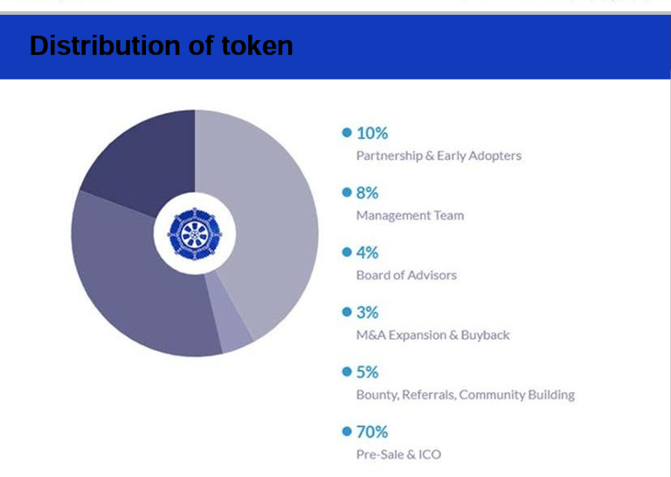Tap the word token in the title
tap(257, 45)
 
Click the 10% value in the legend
tap(372, 133)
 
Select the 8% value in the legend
tap(367, 193)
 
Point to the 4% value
tap(367, 252)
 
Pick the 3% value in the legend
tap(367, 312)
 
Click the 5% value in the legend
tap(367, 372)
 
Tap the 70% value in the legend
tap(372, 432)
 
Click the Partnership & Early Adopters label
tap(439, 156)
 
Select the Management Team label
tap(410, 215)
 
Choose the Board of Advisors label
tap(406, 275)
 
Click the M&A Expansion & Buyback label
tap(432, 335)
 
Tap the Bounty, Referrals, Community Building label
tap(465, 394)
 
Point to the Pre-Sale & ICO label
tap(398, 454)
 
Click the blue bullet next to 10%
tap(347, 133)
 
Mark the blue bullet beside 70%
tap(347, 432)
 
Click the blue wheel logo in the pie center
tap(195, 234)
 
